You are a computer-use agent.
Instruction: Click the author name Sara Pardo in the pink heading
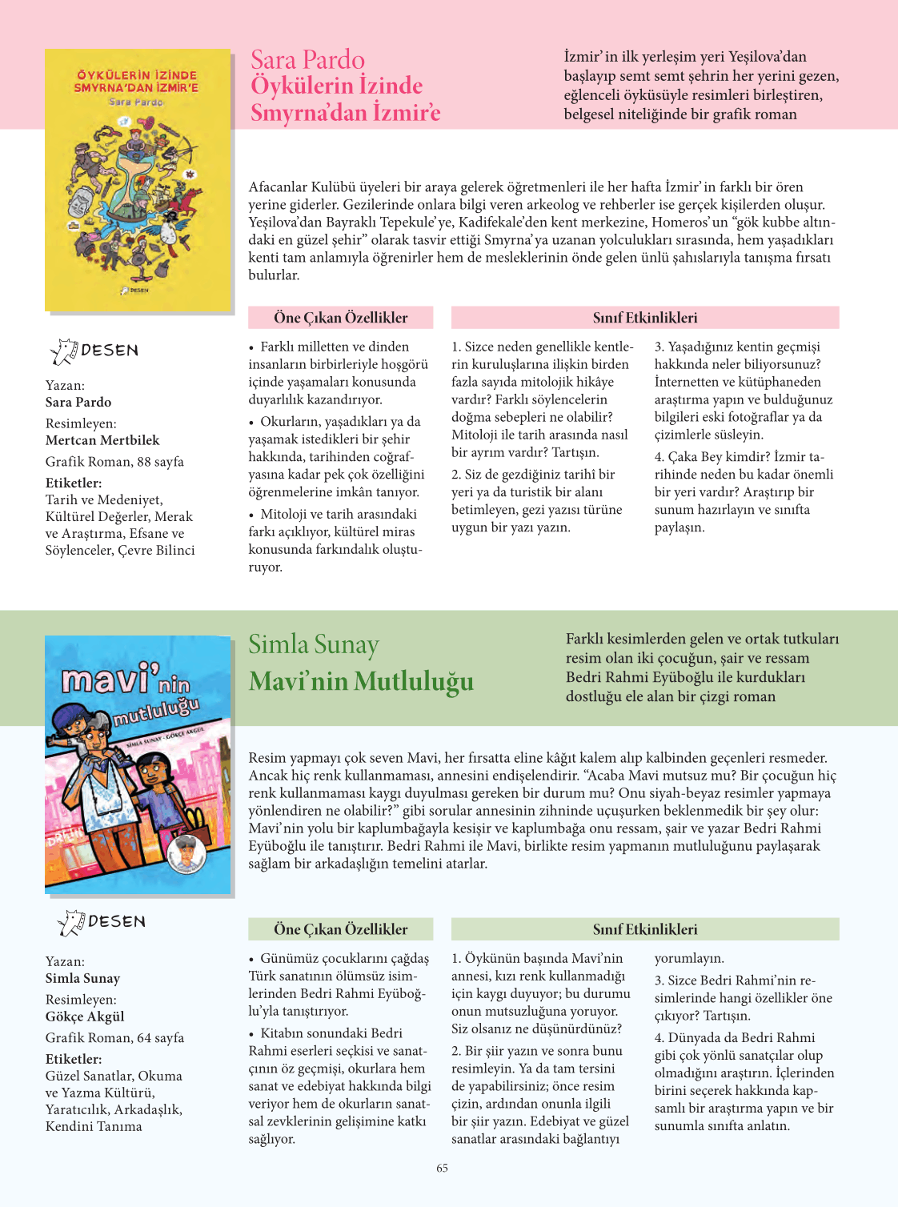click(307, 60)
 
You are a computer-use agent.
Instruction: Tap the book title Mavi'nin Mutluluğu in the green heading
click(361, 681)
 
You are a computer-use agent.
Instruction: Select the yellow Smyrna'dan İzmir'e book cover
click(138, 181)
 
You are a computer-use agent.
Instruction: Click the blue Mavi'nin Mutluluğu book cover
click(138, 764)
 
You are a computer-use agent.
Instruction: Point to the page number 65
click(443, 1168)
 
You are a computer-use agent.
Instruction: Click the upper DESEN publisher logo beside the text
click(94, 351)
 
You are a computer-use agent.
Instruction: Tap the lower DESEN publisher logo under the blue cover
click(102, 922)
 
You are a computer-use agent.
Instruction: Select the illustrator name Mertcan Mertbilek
click(102, 440)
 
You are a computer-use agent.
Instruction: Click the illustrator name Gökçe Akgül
click(85, 1017)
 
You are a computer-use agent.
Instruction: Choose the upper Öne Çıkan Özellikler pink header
click(341, 318)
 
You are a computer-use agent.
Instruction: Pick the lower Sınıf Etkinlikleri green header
click(645, 929)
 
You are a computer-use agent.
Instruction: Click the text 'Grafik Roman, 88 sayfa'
click(114, 462)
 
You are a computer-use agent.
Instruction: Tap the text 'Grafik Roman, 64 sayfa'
click(114, 1038)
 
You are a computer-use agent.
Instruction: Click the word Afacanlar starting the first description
click(278, 187)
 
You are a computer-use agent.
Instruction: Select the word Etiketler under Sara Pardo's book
click(74, 483)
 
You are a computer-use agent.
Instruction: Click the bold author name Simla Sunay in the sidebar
click(82, 978)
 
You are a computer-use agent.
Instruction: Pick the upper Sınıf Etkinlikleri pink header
click(645, 318)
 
